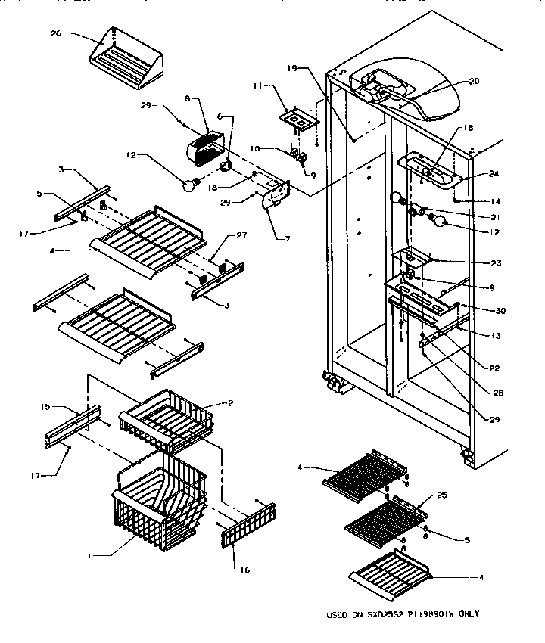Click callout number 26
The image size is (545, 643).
(54, 33)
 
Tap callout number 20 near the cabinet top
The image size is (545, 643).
(474, 82)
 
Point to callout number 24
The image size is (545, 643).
(494, 173)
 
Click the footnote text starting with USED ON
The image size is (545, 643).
(403, 614)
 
